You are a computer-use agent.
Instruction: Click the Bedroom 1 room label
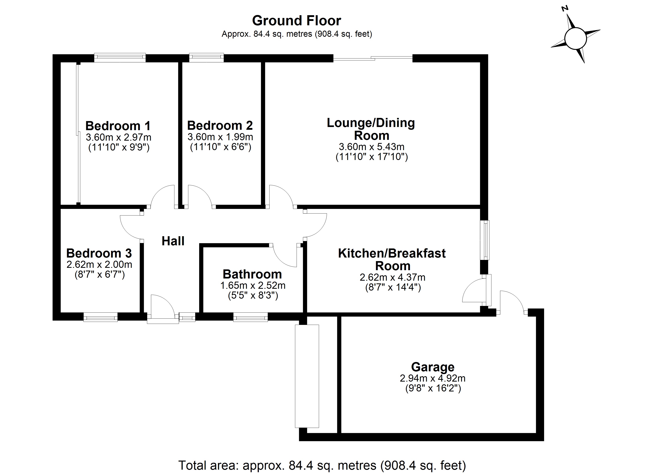point(118,126)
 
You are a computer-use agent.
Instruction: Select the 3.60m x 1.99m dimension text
point(220,137)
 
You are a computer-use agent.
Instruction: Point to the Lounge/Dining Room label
point(371,129)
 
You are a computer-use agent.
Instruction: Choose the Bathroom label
point(252,274)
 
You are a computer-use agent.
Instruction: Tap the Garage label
point(433,367)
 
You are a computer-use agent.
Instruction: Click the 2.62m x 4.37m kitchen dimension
point(392,277)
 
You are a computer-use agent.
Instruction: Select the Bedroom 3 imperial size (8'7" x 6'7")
point(99,275)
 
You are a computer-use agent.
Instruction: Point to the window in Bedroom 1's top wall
point(120,58)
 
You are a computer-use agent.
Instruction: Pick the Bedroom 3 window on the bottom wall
point(100,317)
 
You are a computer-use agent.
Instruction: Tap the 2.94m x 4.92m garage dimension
point(433,378)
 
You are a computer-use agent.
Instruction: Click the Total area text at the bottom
point(322,465)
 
